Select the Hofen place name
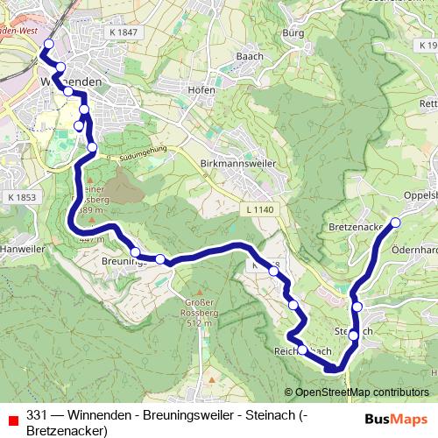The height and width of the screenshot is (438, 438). click(x=202, y=89)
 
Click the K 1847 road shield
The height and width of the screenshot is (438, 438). click(x=125, y=32)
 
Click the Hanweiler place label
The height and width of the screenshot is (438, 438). click(x=21, y=247)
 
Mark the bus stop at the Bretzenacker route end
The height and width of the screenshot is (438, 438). click(x=395, y=223)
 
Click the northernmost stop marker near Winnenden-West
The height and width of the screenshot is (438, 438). click(x=48, y=44)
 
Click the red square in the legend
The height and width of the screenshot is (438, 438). click(x=11, y=416)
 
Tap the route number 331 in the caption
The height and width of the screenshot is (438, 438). click(x=37, y=415)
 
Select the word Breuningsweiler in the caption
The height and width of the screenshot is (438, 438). click(x=181, y=415)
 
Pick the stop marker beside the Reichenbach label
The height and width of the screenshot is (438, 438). click(x=302, y=350)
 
